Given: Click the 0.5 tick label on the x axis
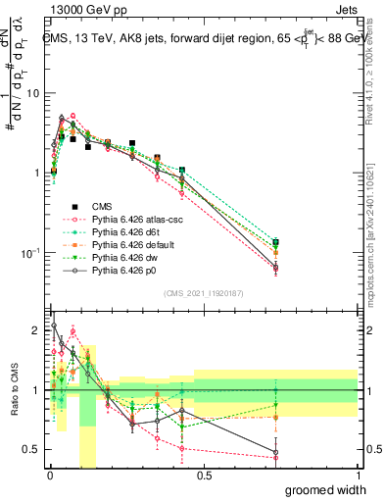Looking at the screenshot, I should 204,474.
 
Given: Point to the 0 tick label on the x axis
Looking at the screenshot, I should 49,474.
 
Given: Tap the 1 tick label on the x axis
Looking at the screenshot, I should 358,474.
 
